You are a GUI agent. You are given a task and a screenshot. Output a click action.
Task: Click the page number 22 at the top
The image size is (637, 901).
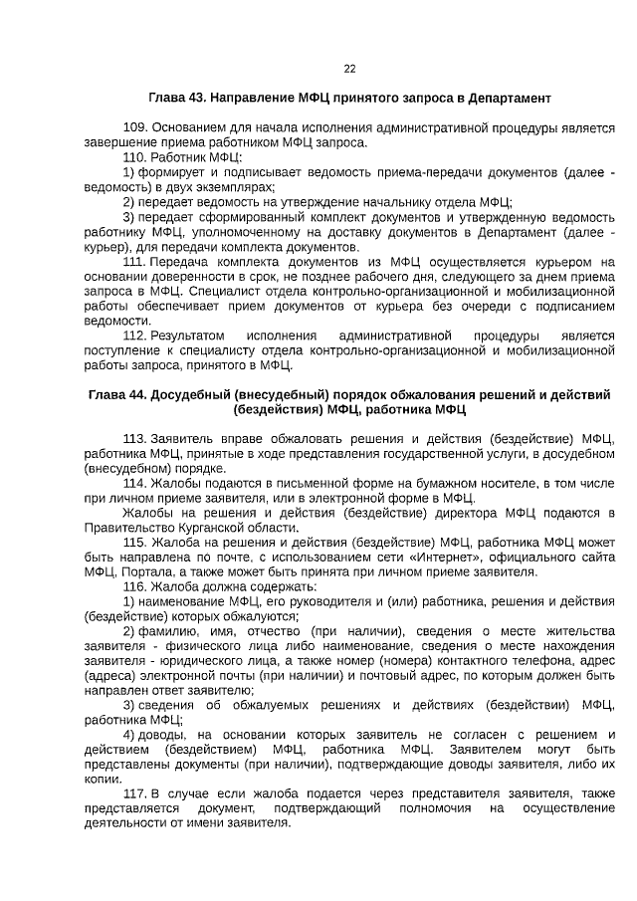[x=349, y=69]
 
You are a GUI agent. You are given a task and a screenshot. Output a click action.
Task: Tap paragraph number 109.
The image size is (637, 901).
[x=134, y=128]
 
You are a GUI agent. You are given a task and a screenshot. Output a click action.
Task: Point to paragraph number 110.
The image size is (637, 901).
[x=134, y=157]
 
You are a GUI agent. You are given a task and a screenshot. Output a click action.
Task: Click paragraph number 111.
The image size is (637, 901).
[x=134, y=261]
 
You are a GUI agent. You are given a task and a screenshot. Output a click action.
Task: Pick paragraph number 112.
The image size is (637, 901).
[x=134, y=336]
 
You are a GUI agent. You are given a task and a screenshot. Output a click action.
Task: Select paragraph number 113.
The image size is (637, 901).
[x=134, y=439]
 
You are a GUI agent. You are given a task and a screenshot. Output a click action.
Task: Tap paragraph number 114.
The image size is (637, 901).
[x=134, y=483]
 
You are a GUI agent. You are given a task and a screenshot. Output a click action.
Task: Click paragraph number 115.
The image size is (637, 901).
[x=134, y=543]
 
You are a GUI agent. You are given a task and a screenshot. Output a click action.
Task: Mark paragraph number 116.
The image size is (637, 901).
[x=134, y=587]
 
